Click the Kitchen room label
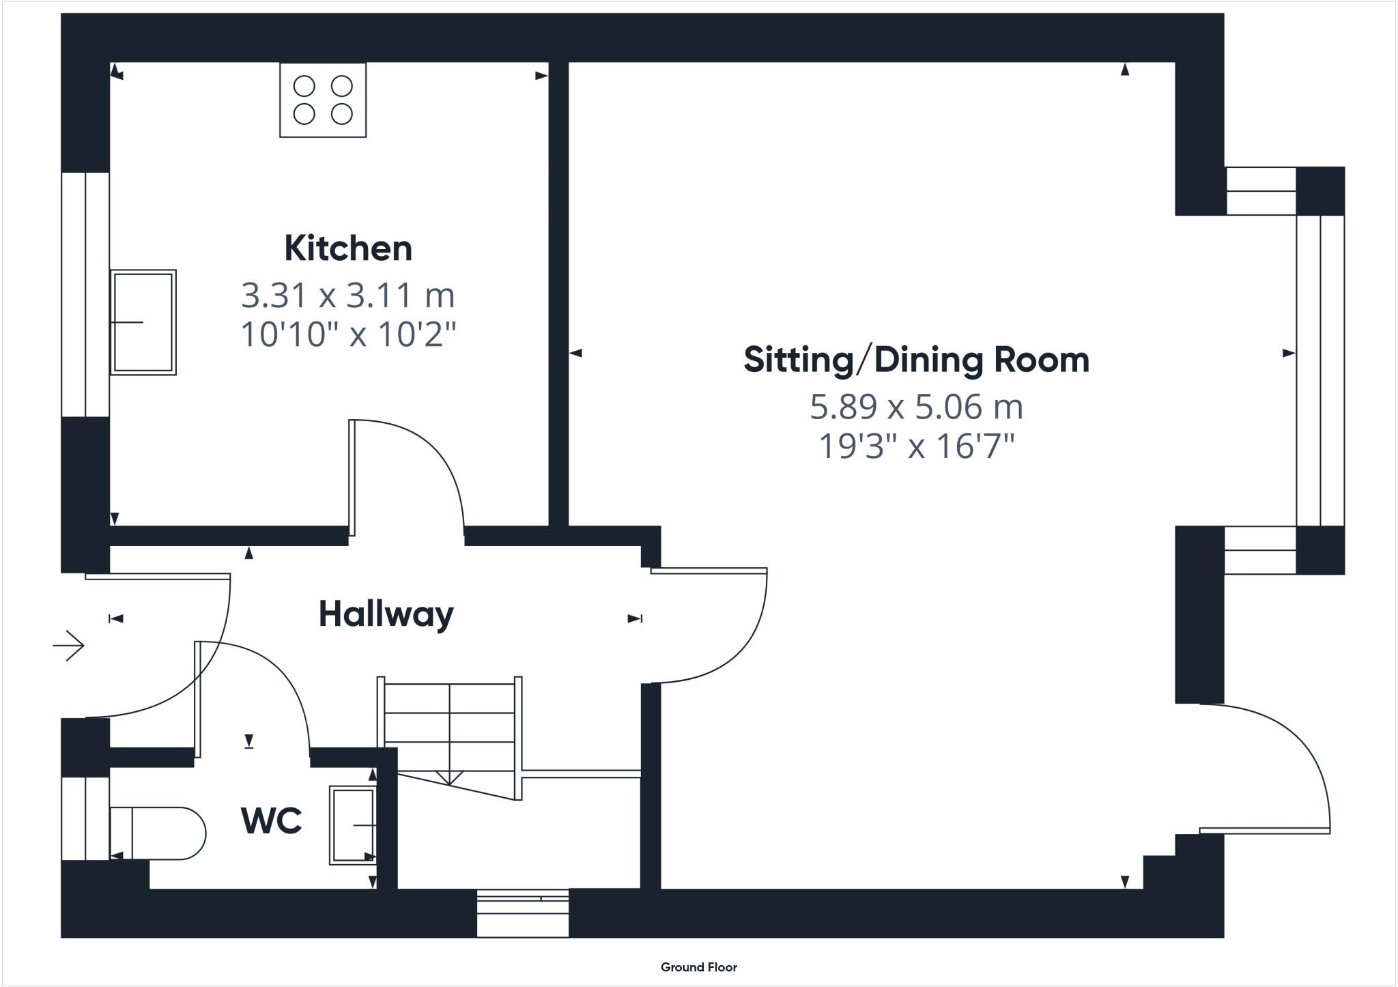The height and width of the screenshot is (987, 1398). tap(348, 248)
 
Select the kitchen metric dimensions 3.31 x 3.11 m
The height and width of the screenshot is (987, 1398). tap(348, 296)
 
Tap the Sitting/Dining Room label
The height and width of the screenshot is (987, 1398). tap(916, 360)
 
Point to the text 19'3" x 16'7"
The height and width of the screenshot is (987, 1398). tap(916, 446)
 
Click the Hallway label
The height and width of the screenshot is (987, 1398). tap(386, 614)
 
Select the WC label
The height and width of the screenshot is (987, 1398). tap(272, 820)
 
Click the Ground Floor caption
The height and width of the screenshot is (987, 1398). tap(698, 967)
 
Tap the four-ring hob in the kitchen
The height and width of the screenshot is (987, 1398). tap(323, 100)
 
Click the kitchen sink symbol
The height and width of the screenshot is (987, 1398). tap(143, 322)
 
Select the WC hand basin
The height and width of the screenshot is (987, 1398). tap(353, 825)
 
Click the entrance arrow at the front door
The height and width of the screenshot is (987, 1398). tap(68, 645)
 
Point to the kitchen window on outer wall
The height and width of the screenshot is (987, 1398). tap(85, 294)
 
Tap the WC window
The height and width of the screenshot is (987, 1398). tap(85, 818)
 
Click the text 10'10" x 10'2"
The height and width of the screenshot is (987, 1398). tap(348, 334)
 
